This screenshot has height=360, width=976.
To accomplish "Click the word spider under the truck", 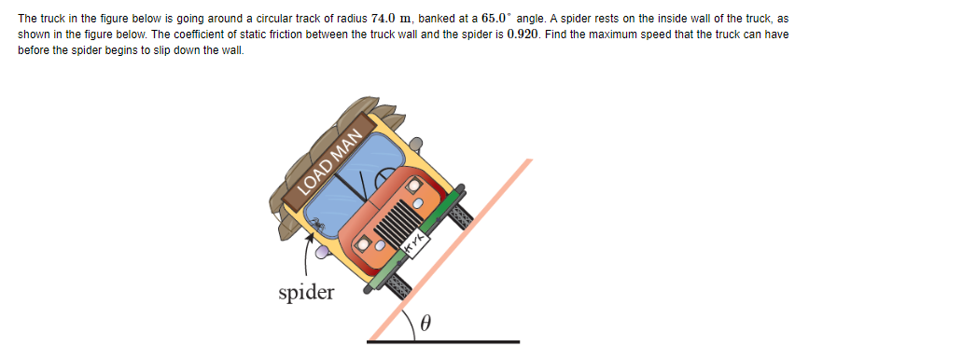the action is (x=306, y=293).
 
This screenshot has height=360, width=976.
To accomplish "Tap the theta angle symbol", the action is (x=425, y=324).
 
